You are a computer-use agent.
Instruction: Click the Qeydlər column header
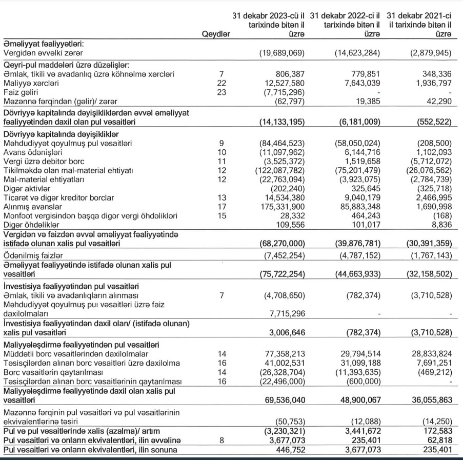[x=216, y=34]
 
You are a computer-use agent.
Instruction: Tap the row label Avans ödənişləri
[x=30, y=152]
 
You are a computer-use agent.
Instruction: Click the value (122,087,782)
[x=280, y=171]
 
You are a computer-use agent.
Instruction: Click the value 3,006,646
[x=288, y=332]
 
